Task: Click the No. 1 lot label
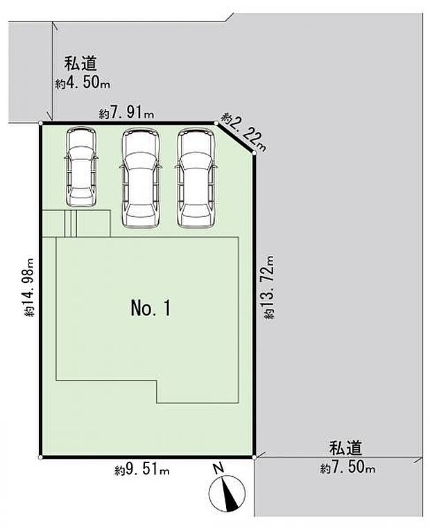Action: pyautogui.click(x=150, y=309)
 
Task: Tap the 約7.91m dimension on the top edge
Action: pyautogui.click(x=126, y=113)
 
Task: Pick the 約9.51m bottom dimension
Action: pyautogui.click(x=142, y=470)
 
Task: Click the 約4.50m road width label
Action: pyautogui.click(x=83, y=85)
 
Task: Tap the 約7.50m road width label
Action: pyautogui.click(x=347, y=469)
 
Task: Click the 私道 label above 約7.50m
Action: pyautogui.click(x=346, y=449)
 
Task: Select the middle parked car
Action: pyautogui.click(x=141, y=177)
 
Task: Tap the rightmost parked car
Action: pyautogui.click(x=196, y=177)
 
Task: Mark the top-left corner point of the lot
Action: pyautogui.click(x=41, y=123)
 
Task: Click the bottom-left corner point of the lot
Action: pyautogui.click(x=41, y=458)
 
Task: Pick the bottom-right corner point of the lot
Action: pyautogui.click(x=255, y=458)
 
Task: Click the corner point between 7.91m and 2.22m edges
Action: pyautogui.click(x=216, y=123)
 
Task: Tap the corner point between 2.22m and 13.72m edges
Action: pyautogui.click(x=255, y=153)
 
